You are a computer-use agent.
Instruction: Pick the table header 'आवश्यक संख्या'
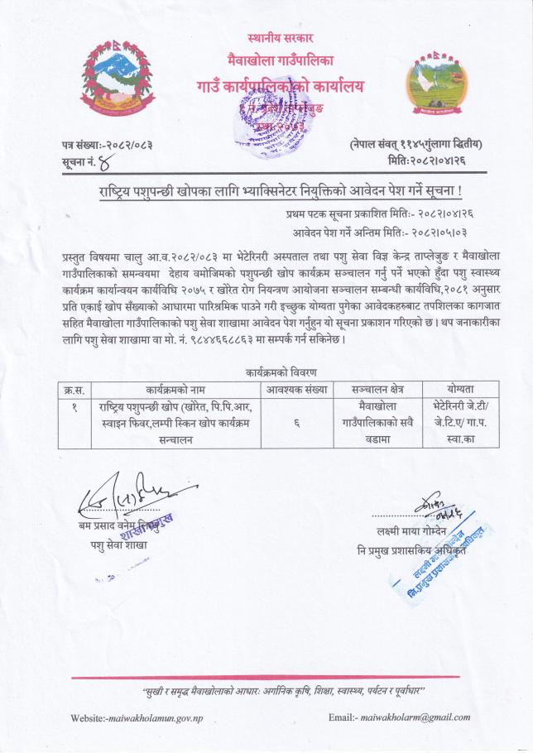click(296, 388)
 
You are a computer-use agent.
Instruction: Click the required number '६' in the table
click(296, 422)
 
